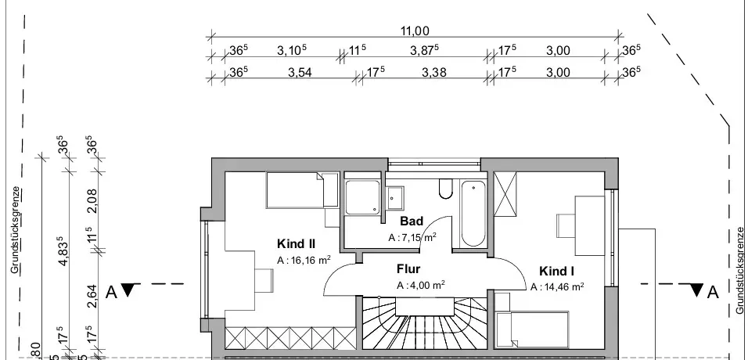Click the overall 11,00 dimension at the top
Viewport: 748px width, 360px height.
[x=415, y=31]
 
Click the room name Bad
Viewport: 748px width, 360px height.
[x=412, y=221]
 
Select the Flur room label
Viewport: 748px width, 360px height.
[x=408, y=269]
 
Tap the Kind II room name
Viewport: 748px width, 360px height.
[x=295, y=243]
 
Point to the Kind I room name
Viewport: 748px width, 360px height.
[x=556, y=271]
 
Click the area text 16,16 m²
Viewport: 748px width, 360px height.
[x=303, y=260]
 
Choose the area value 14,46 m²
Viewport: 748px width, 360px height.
[x=556, y=287]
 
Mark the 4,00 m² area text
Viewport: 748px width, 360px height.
[x=421, y=285]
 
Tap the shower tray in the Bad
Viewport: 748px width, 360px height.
[x=363, y=200]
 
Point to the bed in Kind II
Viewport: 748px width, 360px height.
[x=296, y=190]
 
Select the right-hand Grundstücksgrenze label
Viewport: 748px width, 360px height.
[x=740, y=270]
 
